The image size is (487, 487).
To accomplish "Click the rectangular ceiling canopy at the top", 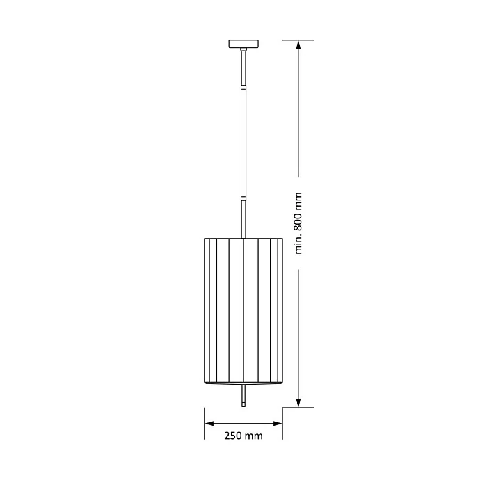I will tap(243, 44).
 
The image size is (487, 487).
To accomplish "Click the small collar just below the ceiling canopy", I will tap(243, 51).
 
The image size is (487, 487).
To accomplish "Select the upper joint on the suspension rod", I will tap(243, 88).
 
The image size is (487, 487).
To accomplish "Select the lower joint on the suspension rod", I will tap(243, 198).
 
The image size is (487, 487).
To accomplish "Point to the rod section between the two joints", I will tap(243, 143).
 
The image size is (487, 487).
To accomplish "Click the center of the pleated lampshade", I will tap(243, 310).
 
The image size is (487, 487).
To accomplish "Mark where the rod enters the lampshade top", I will tap(243, 237).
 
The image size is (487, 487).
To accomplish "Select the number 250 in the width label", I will tap(234, 436).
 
